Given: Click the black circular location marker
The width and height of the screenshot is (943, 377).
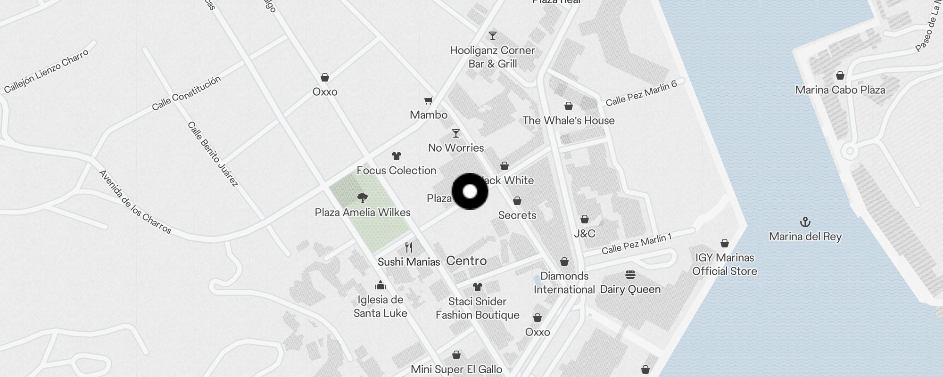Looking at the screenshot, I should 470,191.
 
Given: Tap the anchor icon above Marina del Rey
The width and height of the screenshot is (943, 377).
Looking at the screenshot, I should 805,222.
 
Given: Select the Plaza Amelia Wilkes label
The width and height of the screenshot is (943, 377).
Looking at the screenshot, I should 363,213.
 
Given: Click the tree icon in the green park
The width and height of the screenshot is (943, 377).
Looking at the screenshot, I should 362,197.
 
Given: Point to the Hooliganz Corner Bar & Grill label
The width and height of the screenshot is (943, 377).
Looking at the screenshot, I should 492,57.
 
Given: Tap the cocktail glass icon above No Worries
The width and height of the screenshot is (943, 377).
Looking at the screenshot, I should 455,133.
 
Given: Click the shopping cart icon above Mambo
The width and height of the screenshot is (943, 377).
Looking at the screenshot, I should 428,100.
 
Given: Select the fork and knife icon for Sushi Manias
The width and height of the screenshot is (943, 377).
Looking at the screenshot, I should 409,247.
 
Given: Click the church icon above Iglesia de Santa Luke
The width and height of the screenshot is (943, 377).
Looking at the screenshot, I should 380,285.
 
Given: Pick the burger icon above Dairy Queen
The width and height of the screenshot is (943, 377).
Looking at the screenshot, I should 630,275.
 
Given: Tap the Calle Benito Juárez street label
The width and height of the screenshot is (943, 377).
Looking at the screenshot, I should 213,154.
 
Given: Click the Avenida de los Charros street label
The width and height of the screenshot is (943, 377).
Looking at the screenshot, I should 135,202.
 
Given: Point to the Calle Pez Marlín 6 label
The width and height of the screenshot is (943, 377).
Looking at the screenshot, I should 641,93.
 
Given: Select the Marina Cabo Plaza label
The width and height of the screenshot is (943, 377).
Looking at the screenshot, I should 840,90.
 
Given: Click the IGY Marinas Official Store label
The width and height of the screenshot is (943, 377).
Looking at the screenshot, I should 724,264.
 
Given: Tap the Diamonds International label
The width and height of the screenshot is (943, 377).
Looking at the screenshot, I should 564,283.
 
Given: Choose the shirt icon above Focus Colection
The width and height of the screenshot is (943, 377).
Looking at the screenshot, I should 396,156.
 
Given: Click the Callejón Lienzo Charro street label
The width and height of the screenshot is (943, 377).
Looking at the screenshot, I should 46,71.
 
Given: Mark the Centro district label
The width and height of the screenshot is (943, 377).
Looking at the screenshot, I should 466,261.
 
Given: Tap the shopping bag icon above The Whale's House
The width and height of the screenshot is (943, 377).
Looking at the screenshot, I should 569,106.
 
